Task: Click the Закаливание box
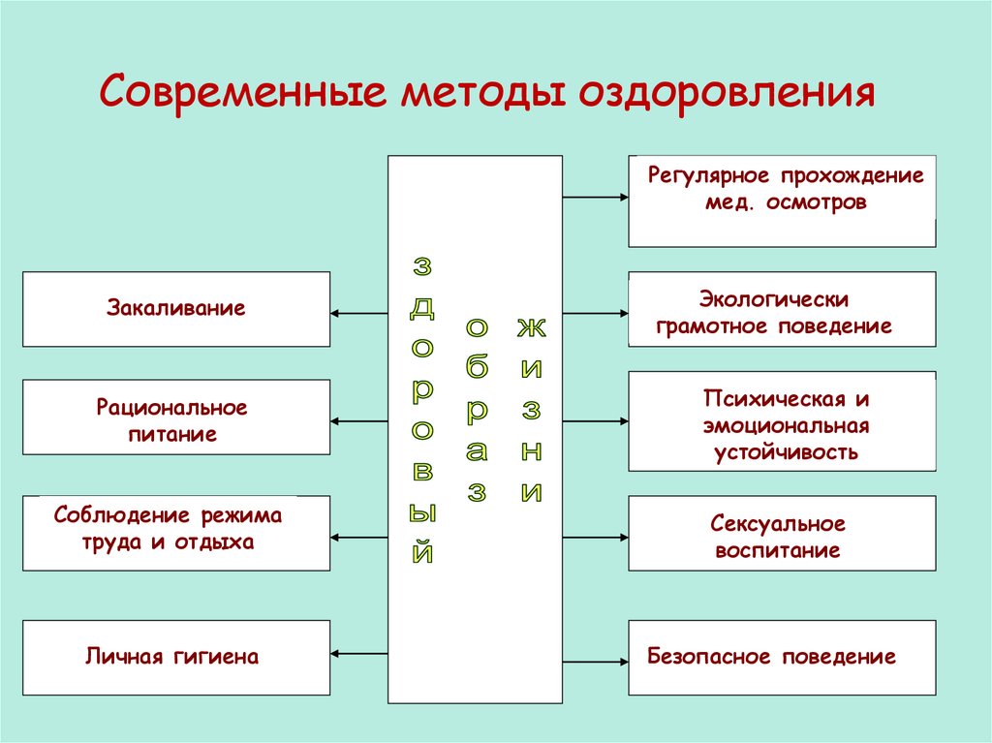point(176,309)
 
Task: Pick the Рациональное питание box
point(176,418)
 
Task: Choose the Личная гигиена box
point(176,658)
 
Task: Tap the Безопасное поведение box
point(782,658)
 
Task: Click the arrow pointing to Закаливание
point(358,313)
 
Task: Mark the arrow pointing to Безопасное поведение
point(595,663)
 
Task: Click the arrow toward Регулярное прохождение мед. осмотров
point(595,198)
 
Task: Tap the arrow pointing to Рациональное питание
point(358,421)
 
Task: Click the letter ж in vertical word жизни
point(530,326)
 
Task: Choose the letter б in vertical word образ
point(477,369)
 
